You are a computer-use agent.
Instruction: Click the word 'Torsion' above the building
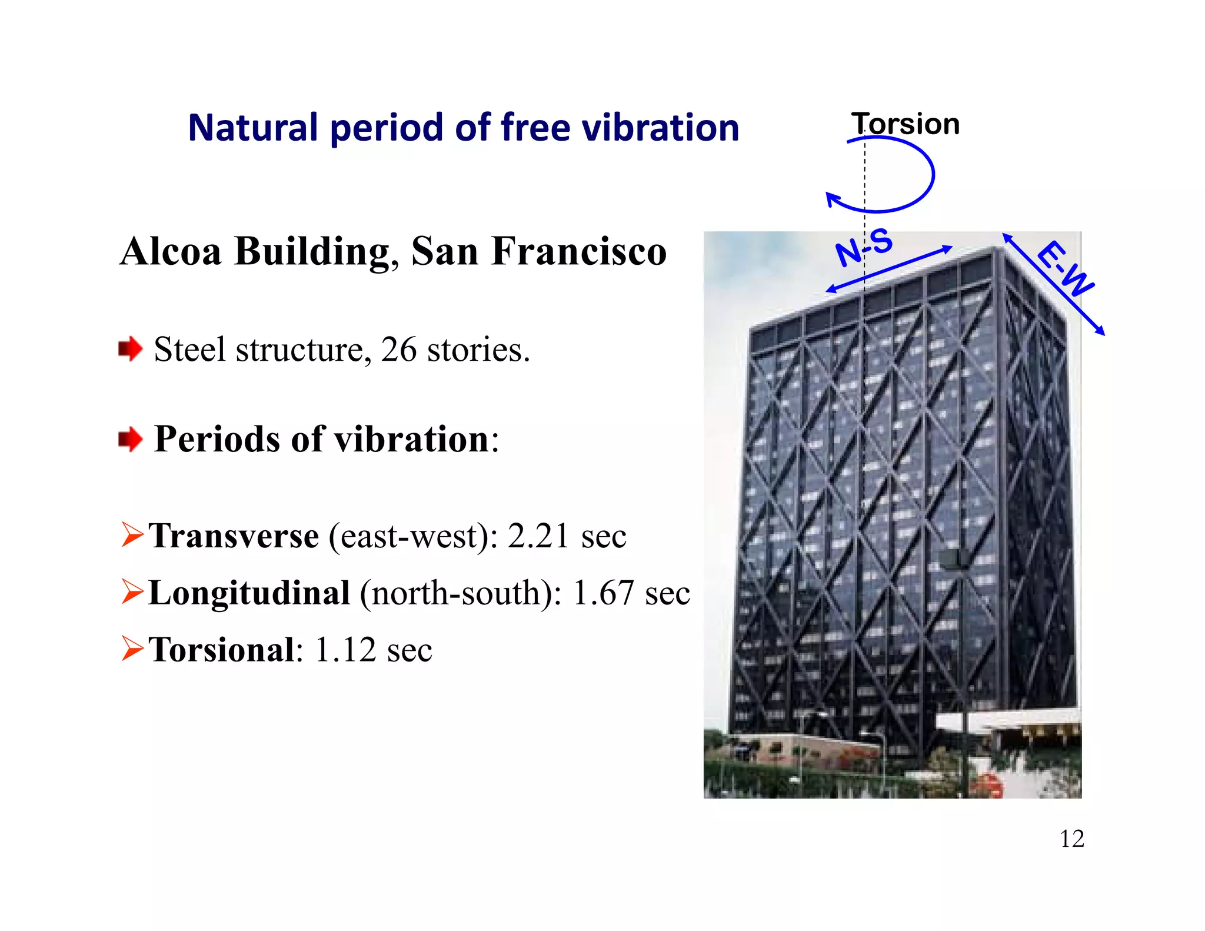click(905, 124)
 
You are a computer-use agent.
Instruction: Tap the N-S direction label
click(864, 248)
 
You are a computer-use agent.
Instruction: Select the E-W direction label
click(1065, 268)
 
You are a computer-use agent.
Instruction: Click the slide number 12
click(1071, 839)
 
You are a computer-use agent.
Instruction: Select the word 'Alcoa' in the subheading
click(171, 251)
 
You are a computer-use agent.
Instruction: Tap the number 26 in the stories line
click(398, 350)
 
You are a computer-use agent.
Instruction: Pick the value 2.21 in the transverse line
click(538, 536)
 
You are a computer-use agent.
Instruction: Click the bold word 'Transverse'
click(234, 536)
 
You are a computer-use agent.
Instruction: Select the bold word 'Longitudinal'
click(249, 593)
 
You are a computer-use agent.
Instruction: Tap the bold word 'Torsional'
click(221, 650)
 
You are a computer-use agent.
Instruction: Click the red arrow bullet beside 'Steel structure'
click(130, 349)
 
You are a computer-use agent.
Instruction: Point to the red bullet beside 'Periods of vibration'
click(130, 439)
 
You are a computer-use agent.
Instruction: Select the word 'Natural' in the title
click(253, 128)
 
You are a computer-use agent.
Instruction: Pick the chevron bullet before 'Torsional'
click(132, 649)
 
